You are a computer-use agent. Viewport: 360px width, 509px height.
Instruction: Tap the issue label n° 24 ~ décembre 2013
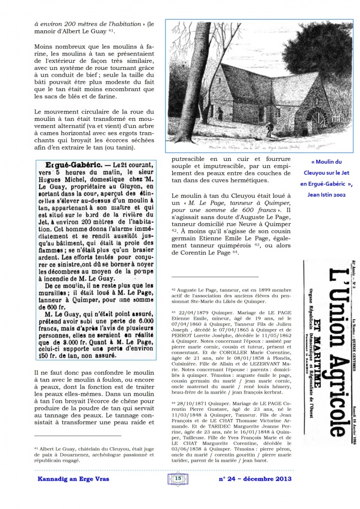pos(255,479)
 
